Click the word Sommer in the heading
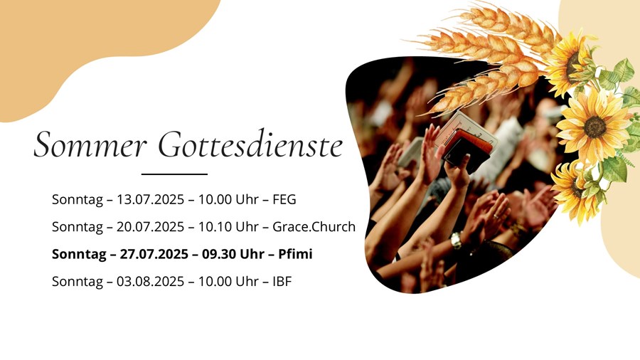[90, 144]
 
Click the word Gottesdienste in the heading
[250, 144]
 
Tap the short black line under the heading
[174, 174]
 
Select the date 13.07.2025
[151, 200]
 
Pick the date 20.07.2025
[151, 226]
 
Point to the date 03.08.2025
[151, 281]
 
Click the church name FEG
[284, 200]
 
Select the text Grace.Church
[314, 226]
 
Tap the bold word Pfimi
[295, 254]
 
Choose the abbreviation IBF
[282, 281]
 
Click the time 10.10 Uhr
[228, 226]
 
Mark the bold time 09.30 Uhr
[233, 254]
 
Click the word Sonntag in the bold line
[79, 254]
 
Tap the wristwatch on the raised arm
[457, 240]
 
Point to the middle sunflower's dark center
[594, 127]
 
